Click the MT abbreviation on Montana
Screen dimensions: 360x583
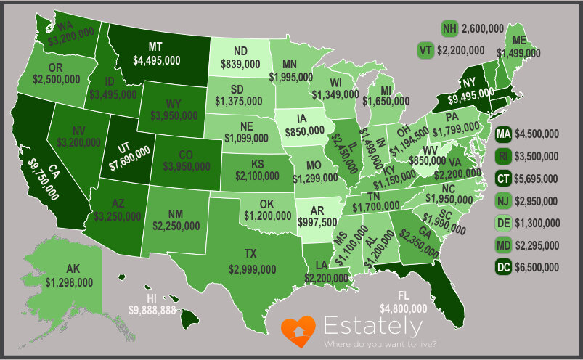[x=155, y=46]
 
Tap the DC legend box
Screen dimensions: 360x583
[x=502, y=268]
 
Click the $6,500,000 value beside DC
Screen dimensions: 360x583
[x=537, y=268]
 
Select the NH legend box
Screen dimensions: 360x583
[x=450, y=29]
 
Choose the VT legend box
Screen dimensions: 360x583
[x=425, y=50]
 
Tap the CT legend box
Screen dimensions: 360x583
[x=502, y=179]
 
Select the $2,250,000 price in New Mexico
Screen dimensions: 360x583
[x=176, y=226]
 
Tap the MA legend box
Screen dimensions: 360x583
[x=502, y=134]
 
